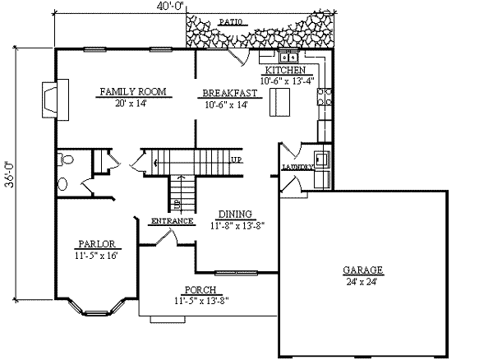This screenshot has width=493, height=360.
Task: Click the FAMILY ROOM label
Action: click(130, 92)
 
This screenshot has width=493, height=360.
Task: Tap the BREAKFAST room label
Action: click(231, 94)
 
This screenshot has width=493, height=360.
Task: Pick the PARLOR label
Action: click(95, 244)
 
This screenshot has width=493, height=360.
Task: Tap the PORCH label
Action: click(201, 290)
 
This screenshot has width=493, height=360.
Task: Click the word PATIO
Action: click(232, 22)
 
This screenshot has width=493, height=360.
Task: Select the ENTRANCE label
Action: click(172, 221)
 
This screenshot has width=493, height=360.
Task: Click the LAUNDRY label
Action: click(297, 167)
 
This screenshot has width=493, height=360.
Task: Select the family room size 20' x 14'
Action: click(130, 103)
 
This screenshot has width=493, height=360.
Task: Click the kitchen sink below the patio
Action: click(288, 58)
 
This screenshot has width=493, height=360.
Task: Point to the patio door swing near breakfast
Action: click(238, 56)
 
